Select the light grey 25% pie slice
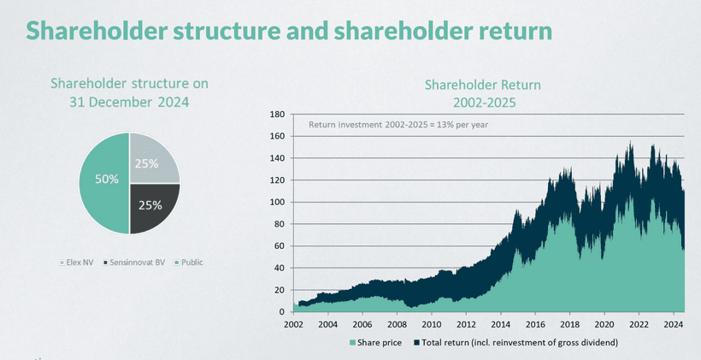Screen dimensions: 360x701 (152, 161)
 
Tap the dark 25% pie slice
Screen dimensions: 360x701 (152, 205)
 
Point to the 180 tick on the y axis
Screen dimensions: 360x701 (277, 114)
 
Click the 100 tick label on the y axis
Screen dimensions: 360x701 (277, 202)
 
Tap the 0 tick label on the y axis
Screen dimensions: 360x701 (281, 312)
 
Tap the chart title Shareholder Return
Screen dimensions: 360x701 (483, 86)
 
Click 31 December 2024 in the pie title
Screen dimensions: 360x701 (129, 101)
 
